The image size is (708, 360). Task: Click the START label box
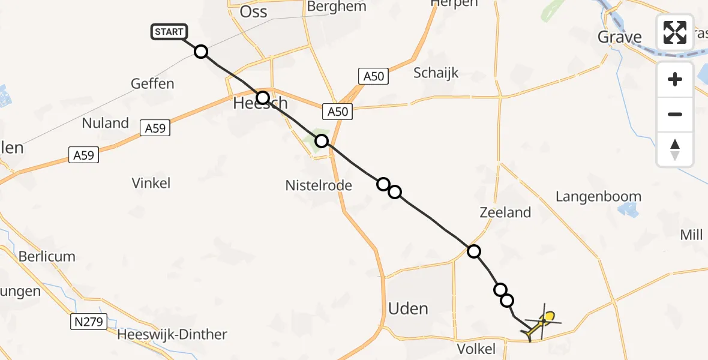coord(169,32)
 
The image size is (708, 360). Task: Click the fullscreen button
coord(675,32)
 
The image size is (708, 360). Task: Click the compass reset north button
coord(675,149)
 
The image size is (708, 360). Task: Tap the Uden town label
coord(408,309)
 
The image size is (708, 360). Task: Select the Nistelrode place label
coord(319,185)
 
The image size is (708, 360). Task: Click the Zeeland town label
coord(505,212)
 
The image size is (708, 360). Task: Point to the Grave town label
coord(620,37)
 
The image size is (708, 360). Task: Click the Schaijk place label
coord(436,73)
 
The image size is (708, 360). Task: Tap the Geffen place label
coord(152,83)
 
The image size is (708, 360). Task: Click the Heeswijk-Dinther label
coord(173,335)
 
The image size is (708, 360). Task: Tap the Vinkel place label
coord(151,183)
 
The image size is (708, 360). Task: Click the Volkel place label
coord(476,349)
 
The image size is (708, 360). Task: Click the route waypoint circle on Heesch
coord(263,98)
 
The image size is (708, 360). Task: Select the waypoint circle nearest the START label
coord(201,52)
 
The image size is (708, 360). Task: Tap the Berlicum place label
coord(47,256)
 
